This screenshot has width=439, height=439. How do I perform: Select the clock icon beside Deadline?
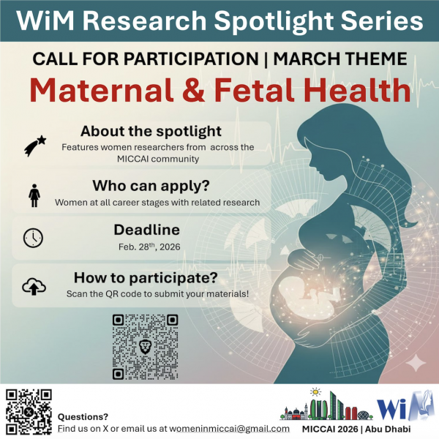click(34, 237)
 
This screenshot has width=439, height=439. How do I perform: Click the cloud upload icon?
click(34, 286)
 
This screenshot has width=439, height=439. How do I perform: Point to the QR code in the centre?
click(145, 346)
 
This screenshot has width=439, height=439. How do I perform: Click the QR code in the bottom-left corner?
click(28, 412)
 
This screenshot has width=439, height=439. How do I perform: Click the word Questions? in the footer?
click(83, 416)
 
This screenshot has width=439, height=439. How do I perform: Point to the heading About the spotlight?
click(151, 132)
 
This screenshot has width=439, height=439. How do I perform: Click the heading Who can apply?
click(151, 184)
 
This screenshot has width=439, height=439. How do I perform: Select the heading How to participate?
click(157, 278)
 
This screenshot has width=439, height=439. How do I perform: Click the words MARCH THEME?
click(347, 58)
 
